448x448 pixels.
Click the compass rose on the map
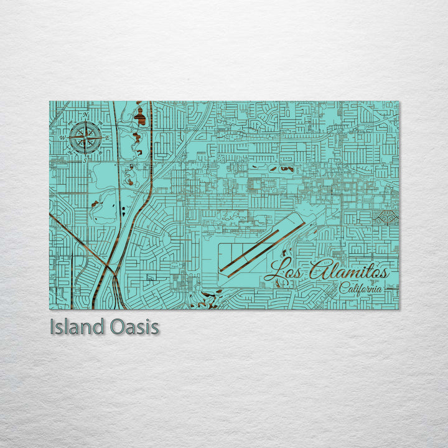(x=86, y=137)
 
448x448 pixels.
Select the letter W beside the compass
(x=62, y=138)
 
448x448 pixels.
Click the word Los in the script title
(x=284, y=272)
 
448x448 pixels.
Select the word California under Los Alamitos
(x=361, y=288)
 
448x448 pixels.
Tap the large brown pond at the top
(x=141, y=116)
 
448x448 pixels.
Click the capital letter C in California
(x=342, y=287)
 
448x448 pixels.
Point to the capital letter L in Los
(x=272, y=272)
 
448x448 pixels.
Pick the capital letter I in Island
(x=52, y=327)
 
